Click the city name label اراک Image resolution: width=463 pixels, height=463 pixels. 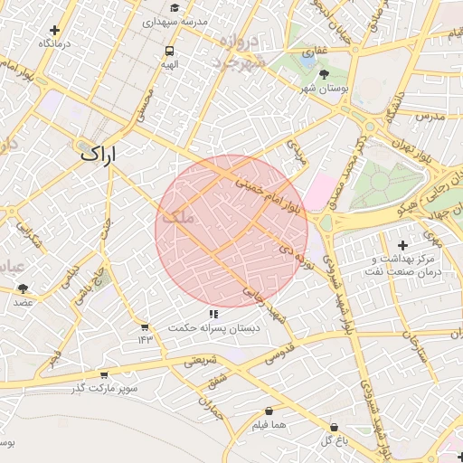[x=99, y=154]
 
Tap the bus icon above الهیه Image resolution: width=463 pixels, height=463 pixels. [x=170, y=51]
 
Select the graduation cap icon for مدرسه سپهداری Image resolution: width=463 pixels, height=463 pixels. [x=174, y=7]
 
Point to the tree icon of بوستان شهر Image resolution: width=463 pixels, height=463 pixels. [x=326, y=76]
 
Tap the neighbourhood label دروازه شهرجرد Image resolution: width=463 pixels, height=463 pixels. [x=236, y=52]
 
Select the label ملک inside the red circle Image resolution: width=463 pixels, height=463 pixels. [x=176, y=218]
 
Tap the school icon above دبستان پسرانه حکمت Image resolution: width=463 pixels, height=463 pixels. [x=213, y=314]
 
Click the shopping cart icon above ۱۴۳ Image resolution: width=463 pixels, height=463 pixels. [x=145, y=326]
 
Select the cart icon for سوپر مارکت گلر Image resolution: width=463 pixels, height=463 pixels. [x=104, y=374]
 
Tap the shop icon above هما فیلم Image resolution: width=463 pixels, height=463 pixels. [x=269, y=411]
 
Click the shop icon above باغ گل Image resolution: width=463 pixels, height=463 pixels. [x=334, y=427]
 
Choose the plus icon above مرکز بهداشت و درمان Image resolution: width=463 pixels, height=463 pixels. [x=402, y=245]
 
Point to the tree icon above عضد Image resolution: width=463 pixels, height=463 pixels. [x=22, y=288]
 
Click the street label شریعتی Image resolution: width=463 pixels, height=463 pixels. [x=202, y=361]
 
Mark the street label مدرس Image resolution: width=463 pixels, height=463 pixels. [x=430, y=116]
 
